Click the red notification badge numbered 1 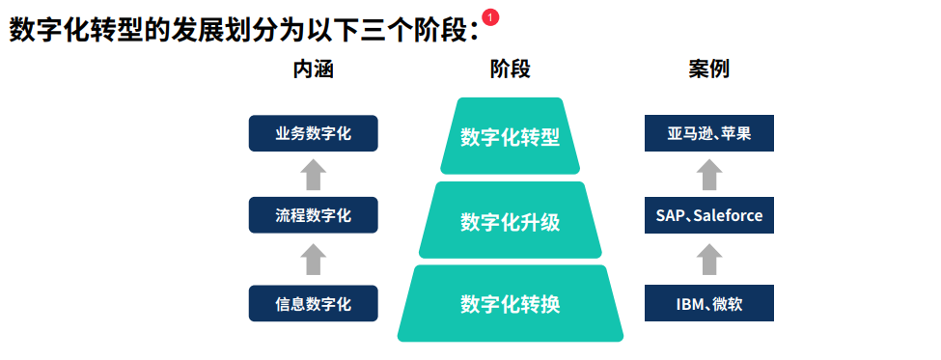[x=490, y=18]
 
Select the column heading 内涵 [x=314, y=70]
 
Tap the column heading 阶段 [x=511, y=70]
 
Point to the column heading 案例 [x=708, y=70]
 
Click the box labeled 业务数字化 [x=314, y=133]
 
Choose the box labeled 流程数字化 [x=314, y=215]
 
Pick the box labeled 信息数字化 [x=314, y=303]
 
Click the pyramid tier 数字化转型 [x=511, y=136]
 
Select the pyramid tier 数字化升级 [x=511, y=220]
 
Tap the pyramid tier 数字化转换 [x=511, y=304]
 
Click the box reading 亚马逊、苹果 [x=709, y=133]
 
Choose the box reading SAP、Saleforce [x=709, y=215]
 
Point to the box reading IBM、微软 [x=709, y=303]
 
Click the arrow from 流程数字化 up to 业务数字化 [x=314, y=175]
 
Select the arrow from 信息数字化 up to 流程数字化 [x=314, y=260]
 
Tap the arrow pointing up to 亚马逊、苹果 [x=709, y=175]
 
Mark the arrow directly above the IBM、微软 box [x=709, y=260]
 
